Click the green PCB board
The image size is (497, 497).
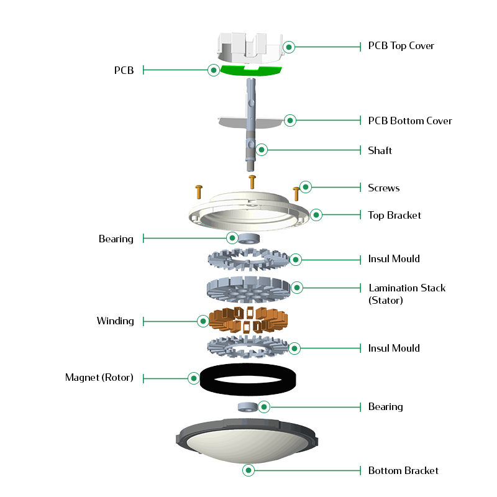pyautogui.click(x=251, y=71)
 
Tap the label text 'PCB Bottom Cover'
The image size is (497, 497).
pyautogui.click(x=410, y=121)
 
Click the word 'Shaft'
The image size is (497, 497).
pyautogui.click(x=380, y=150)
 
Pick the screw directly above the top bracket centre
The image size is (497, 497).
pyautogui.click(x=252, y=182)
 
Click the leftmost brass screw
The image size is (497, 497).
pyautogui.click(x=199, y=192)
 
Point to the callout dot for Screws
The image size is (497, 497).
pyautogui.click(x=306, y=187)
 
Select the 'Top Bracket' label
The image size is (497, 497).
pyautogui.click(x=394, y=215)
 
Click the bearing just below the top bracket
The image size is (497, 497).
pyautogui.click(x=249, y=239)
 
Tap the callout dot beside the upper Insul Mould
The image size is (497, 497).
pyautogui.click(x=296, y=260)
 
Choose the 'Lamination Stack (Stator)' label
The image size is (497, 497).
pyautogui.click(x=407, y=294)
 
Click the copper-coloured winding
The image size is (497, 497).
pyautogui.click(x=248, y=319)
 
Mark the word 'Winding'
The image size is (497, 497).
pyautogui.click(x=116, y=321)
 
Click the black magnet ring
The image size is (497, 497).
pyautogui.click(x=204, y=380)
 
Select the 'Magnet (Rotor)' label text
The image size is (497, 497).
pyautogui.click(x=99, y=378)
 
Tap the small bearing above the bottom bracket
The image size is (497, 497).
pyautogui.click(x=247, y=407)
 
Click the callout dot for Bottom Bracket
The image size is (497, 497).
pyautogui.click(x=248, y=470)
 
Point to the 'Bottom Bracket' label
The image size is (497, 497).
pyautogui.click(x=403, y=470)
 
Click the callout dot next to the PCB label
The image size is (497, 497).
pyautogui.click(x=214, y=70)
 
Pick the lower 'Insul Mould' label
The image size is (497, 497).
pyautogui.click(x=394, y=348)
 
